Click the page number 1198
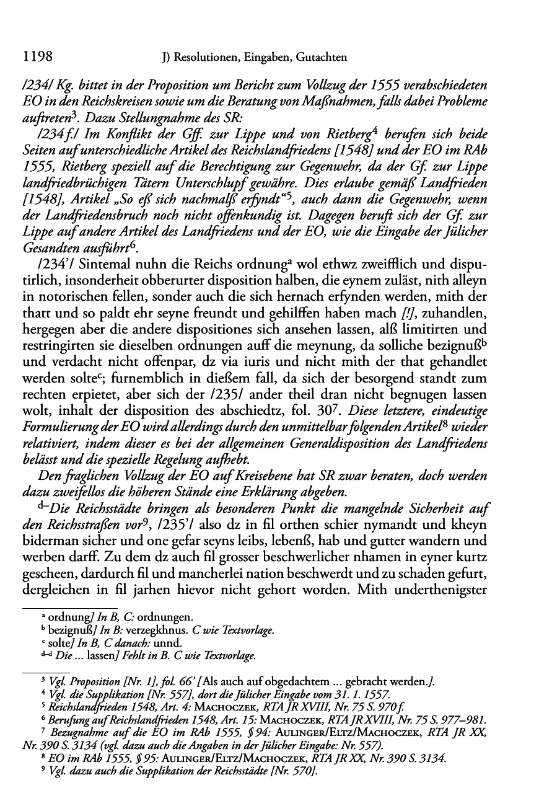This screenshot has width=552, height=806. tap(37, 57)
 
